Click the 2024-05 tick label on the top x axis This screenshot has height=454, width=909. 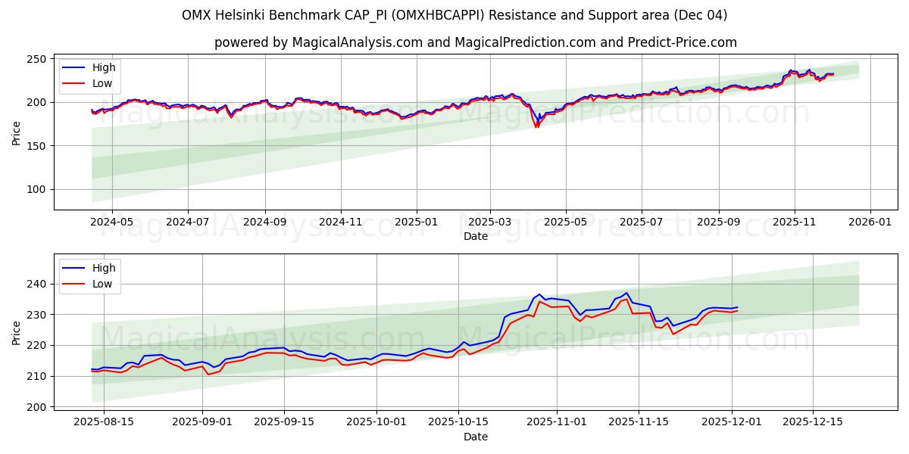tap(111, 223)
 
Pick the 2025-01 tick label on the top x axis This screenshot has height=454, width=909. tap(417, 223)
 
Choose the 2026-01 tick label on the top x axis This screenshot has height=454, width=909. tap(870, 223)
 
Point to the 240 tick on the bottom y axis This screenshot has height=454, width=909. tap(36, 284)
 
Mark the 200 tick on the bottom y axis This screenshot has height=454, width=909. tap(36, 407)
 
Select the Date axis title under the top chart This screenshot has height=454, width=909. tap(476, 236)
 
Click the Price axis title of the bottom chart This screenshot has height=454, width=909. tap(17, 332)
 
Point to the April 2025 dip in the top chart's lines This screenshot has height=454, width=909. tap(536, 125)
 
